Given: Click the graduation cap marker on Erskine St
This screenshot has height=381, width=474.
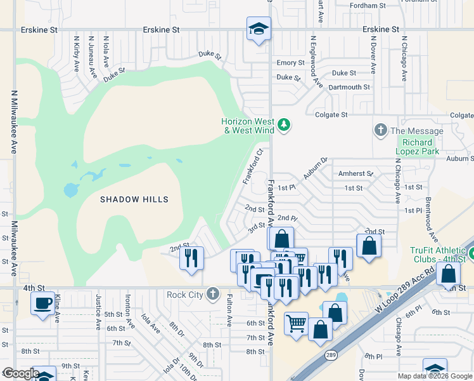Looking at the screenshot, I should [x=259, y=29].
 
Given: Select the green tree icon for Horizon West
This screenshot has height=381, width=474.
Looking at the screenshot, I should [x=284, y=124].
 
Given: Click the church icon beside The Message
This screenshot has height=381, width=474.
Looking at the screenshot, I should [x=380, y=130].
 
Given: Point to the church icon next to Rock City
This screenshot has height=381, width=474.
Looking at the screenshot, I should [x=212, y=294].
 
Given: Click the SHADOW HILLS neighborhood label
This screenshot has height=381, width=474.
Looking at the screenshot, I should [x=134, y=199].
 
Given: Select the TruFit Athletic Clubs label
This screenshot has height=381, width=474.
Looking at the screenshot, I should [x=437, y=253].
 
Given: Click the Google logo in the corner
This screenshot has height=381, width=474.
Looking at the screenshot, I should [x=20, y=373].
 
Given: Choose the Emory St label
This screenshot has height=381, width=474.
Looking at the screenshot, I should [x=291, y=63].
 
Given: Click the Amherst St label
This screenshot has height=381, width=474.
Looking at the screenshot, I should [x=355, y=173].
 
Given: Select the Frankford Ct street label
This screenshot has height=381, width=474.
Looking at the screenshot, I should [x=253, y=167].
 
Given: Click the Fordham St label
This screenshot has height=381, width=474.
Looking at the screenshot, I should [x=368, y=6].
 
